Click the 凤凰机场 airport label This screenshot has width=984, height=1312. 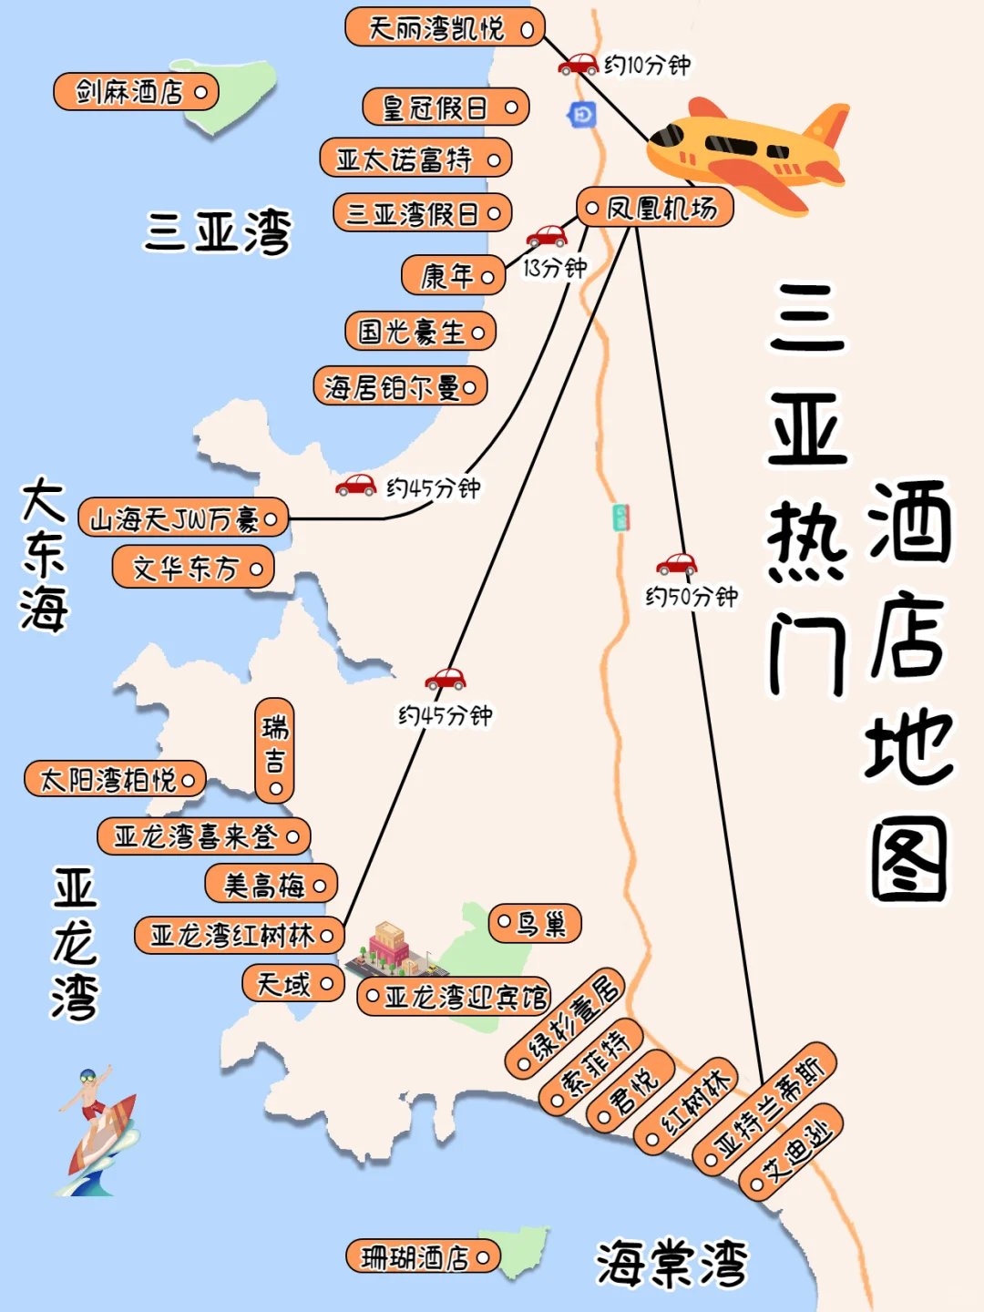(655, 208)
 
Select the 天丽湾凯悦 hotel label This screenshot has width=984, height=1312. (445, 28)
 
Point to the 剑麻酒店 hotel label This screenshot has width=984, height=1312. (136, 92)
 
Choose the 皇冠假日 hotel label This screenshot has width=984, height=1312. (446, 108)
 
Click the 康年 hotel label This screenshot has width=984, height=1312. (453, 275)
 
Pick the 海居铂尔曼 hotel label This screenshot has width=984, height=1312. (400, 387)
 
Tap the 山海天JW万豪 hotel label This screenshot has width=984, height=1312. (183, 518)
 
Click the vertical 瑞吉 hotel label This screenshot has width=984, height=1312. (274, 750)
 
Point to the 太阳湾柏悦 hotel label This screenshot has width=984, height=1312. (115, 780)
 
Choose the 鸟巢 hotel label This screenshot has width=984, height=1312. (535, 924)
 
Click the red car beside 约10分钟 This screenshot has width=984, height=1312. (579, 65)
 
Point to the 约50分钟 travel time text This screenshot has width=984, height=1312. (692, 597)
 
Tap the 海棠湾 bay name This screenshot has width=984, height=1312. (672, 1263)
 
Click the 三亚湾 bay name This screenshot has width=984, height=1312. (218, 231)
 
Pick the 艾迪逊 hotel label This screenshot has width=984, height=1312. (791, 1150)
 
